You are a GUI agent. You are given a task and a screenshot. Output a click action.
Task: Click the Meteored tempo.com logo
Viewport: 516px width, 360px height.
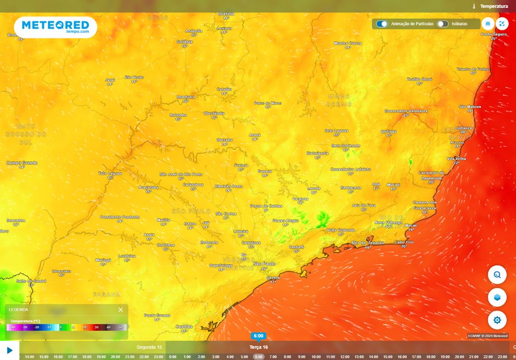tap(55, 27)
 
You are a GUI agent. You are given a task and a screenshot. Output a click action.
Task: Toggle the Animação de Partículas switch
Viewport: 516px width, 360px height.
tap(382, 24)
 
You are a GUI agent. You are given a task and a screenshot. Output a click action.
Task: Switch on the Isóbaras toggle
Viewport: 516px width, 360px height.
tap(442, 24)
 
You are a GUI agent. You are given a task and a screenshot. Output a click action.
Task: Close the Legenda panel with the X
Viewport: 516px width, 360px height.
tap(120, 310)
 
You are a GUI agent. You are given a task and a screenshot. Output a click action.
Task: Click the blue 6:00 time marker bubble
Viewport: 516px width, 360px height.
tap(259, 336)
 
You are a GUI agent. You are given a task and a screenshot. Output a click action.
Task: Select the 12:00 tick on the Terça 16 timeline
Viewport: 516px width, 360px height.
tap(345, 356)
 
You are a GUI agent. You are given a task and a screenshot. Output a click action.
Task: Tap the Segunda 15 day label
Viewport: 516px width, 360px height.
tap(149, 347)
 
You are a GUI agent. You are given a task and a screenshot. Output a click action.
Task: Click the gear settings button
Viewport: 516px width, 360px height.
tap(497, 320)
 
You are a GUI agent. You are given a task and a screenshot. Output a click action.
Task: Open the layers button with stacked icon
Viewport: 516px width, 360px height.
tap(497, 297)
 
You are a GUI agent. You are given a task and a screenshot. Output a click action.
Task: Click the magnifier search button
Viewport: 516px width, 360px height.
tap(497, 275)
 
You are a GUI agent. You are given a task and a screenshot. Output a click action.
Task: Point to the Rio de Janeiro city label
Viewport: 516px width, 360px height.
tap(368, 243)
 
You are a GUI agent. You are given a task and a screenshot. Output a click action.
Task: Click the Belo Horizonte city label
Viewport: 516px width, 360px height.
tap(346, 145)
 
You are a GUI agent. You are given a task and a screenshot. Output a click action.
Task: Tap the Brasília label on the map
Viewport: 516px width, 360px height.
tap(226, 14)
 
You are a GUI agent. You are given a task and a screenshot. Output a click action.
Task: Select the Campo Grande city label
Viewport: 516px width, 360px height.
tap(22, 163)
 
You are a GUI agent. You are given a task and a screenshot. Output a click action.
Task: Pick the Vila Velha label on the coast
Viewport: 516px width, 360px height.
tap(457, 158)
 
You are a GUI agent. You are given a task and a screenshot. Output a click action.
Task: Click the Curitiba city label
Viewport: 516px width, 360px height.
tap(184, 326)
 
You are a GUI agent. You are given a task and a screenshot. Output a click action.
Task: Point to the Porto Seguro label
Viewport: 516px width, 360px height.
tap(493, 34)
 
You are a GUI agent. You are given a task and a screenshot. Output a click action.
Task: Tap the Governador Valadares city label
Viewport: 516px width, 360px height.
tap(406, 110)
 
